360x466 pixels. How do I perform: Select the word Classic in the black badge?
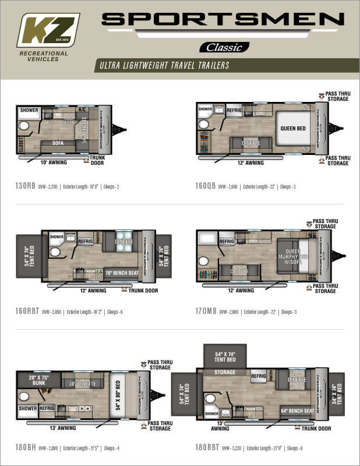point(224,47)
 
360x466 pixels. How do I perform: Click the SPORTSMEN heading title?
point(223,20)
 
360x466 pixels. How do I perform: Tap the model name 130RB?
point(26,187)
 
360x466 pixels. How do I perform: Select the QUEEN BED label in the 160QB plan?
point(293,129)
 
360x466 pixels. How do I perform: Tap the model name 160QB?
point(206,187)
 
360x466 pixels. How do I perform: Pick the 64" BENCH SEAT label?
point(297,411)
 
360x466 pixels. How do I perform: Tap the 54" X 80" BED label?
point(118,396)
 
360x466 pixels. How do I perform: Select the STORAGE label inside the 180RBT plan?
point(224,372)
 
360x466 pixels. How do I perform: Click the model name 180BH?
point(26,448)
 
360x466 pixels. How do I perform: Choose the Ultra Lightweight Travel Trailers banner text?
point(163,65)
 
